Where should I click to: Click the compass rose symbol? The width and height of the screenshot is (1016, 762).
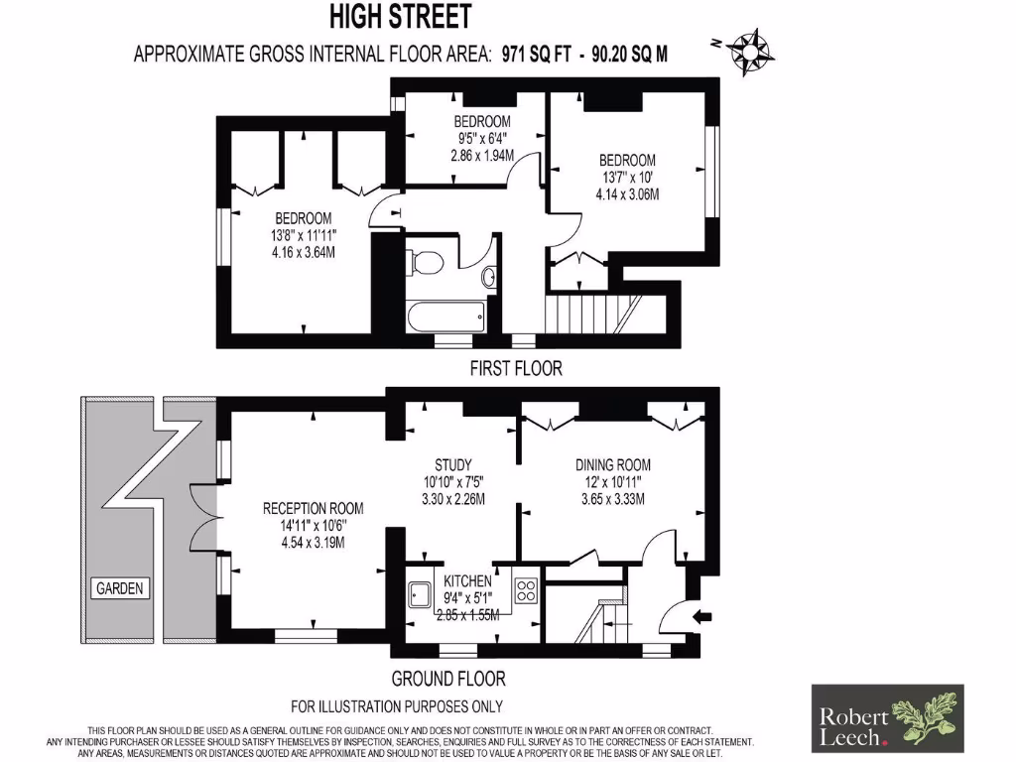(750, 51)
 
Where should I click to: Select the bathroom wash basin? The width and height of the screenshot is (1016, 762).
(489, 276)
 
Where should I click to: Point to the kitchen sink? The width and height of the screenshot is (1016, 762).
(419, 593)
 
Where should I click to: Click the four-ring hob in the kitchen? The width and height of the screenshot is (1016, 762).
(526, 591)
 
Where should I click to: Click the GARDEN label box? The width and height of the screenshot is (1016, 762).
(120, 588)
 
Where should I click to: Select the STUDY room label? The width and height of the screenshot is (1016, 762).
(452, 464)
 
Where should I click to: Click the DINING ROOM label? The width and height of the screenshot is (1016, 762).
(613, 464)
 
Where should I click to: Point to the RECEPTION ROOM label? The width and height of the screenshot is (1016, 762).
(313, 508)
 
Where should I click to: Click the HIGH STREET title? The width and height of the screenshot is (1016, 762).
(401, 17)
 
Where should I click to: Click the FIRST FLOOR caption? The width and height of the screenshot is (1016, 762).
(515, 369)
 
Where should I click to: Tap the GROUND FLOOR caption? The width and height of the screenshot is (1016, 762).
(448, 680)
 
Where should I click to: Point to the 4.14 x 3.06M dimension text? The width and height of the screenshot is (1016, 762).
(627, 194)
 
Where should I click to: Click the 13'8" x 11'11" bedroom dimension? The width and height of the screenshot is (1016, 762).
(303, 235)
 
